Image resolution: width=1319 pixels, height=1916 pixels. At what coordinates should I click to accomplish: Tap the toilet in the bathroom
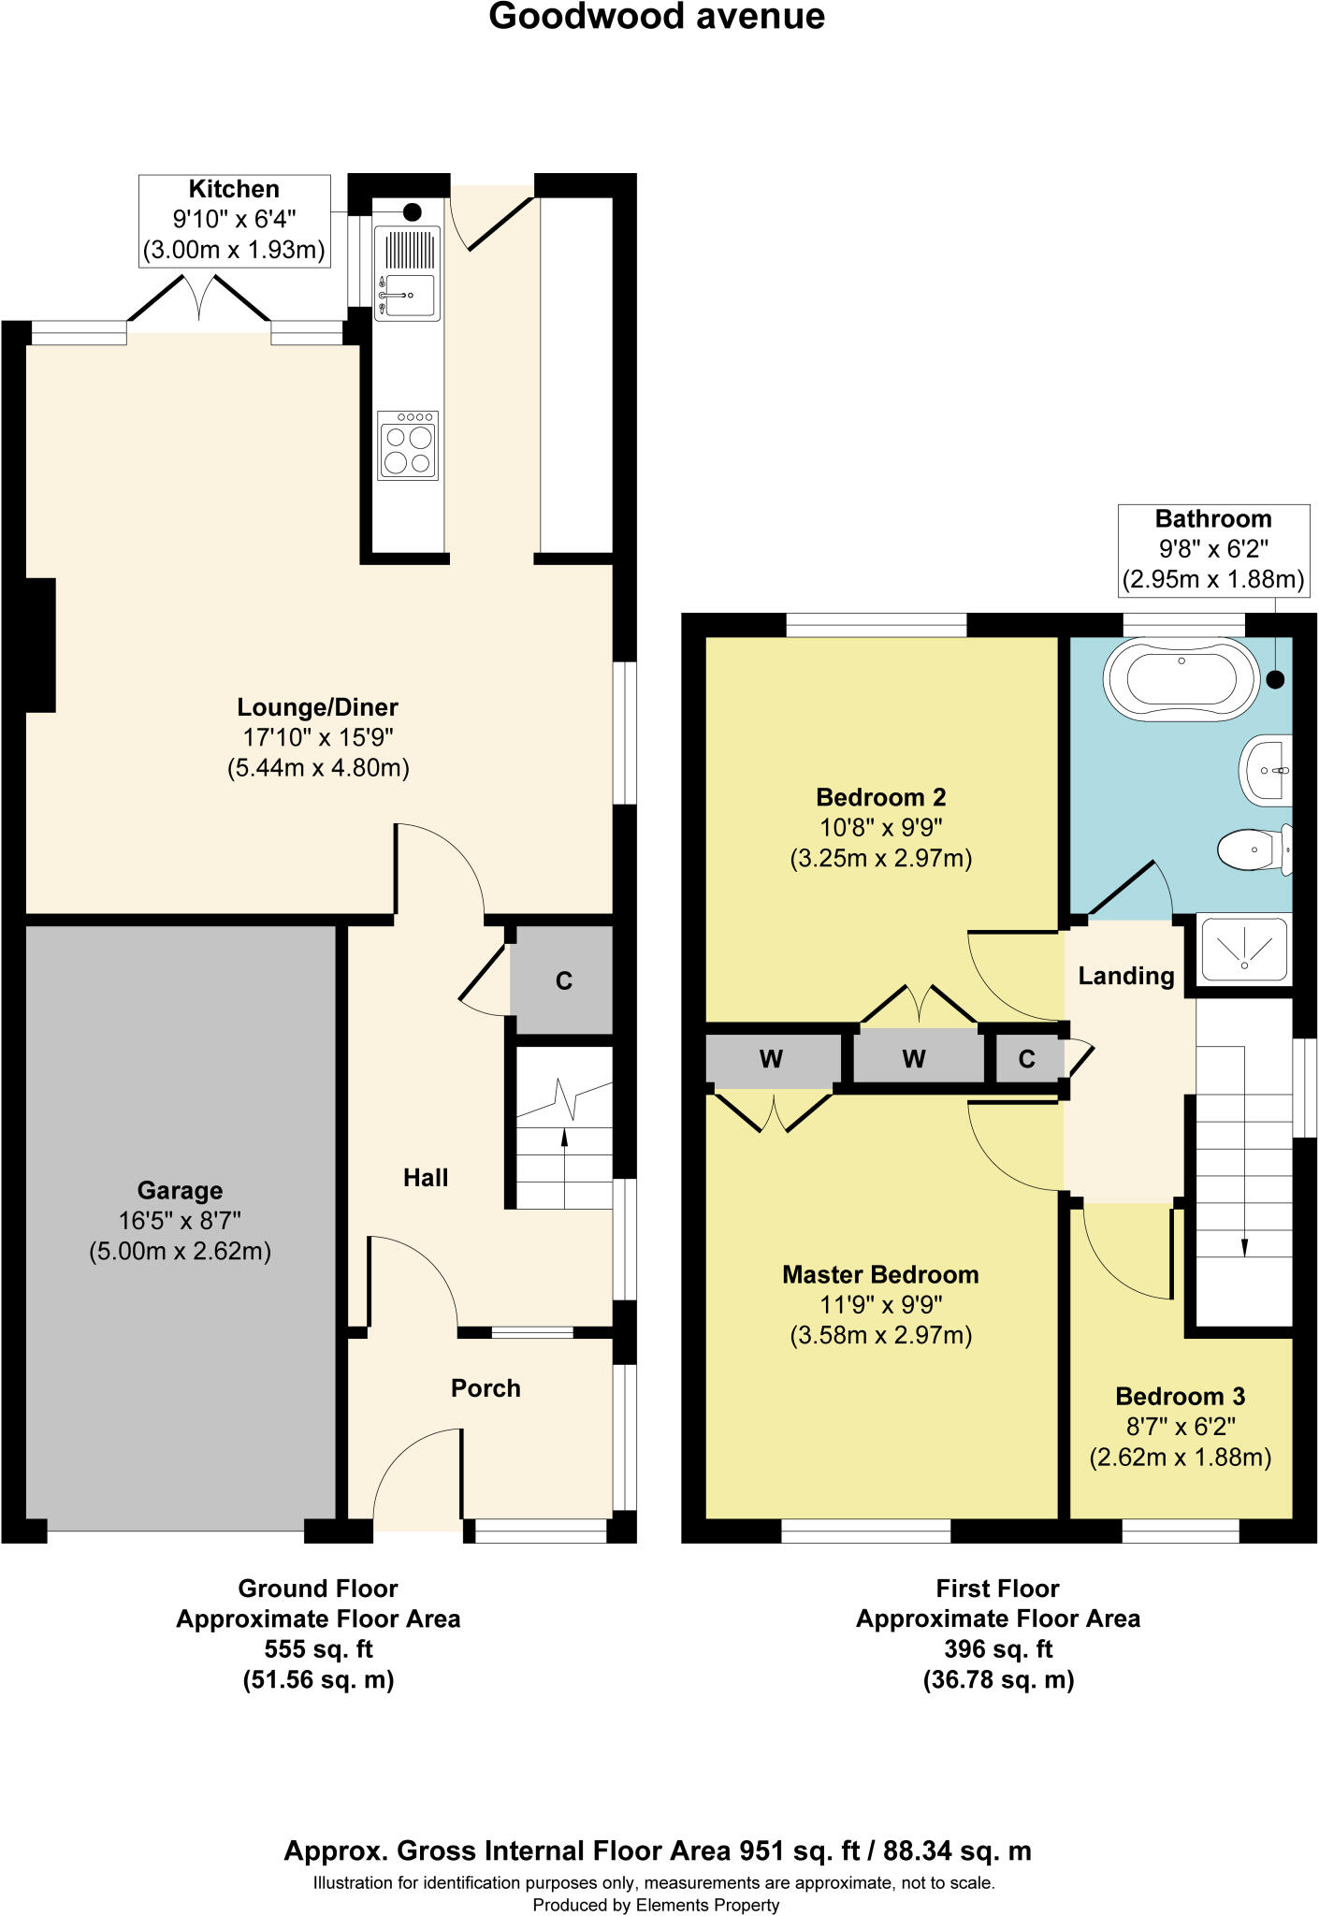click(x=1254, y=849)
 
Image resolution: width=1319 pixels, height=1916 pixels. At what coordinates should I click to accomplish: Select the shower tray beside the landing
click(x=1244, y=949)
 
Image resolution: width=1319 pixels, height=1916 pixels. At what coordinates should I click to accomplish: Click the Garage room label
click(x=180, y=1190)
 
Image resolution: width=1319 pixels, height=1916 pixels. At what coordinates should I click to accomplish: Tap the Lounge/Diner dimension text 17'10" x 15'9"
click(x=318, y=737)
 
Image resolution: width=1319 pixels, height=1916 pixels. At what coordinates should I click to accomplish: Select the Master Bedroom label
click(x=880, y=1274)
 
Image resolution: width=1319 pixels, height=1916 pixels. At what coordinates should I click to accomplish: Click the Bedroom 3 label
click(x=1180, y=1396)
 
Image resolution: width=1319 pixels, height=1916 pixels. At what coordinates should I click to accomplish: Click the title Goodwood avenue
click(x=657, y=17)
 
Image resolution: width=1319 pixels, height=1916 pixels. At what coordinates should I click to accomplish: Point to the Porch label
click(x=486, y=1388)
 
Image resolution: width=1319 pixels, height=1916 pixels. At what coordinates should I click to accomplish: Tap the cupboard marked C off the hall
click(x=563, y=980)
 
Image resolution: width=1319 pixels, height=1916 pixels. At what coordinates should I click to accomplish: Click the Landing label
click(x=1125, y=976)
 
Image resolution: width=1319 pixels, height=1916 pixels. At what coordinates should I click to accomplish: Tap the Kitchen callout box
click(x=234, y=220)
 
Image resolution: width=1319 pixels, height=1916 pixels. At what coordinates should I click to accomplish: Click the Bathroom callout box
click(x=1213, y=549)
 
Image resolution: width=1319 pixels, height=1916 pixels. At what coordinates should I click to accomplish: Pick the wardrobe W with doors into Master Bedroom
click(x=771, y=1059)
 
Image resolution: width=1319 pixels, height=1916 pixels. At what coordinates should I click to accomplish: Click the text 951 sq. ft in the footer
click(x=800, y=1851)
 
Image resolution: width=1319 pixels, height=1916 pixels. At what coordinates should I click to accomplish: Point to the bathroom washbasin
click(x=1267, y=770)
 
